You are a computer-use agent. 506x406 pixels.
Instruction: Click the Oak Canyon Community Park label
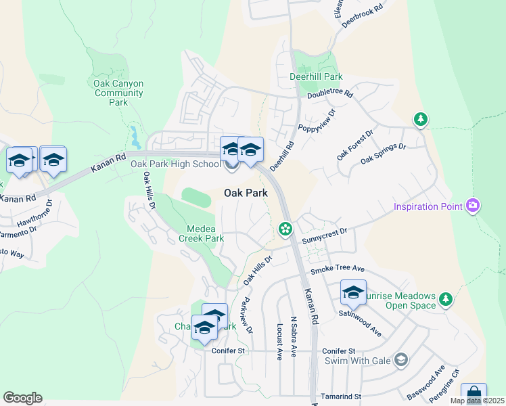[x=118, y=93]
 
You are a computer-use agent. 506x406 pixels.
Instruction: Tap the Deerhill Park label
[x=315, y=78]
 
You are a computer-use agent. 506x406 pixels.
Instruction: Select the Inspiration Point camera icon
[x=473, y=205]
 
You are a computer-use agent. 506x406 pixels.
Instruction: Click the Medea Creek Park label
[x=201, y=233]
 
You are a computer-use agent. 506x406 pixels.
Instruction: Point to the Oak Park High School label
[x=175, y=164]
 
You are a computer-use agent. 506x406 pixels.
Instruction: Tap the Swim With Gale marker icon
[x=401, y=359]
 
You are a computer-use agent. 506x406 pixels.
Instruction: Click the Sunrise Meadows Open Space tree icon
[x=445, y=298]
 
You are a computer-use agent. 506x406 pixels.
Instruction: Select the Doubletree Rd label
[x=330, y=94]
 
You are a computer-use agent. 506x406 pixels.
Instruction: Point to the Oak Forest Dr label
[x=355, y=145]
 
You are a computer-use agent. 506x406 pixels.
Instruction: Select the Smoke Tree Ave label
[x=338, y=270]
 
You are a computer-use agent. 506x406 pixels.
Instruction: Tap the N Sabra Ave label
[x=294, y=336]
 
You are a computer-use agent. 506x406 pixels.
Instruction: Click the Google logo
[x=22, y=397]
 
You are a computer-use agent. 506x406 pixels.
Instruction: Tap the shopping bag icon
[x=474, y=394]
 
